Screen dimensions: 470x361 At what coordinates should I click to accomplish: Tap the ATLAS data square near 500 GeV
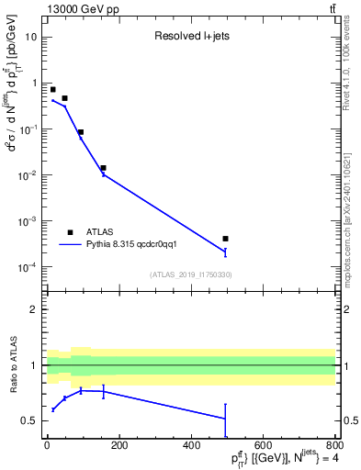click(225, 239)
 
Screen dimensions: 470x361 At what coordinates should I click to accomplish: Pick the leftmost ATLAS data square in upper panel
click(53, 90)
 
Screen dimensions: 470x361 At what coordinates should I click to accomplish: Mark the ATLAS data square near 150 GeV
click(103, 168)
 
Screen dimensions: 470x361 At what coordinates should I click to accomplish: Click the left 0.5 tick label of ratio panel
click(31, 420)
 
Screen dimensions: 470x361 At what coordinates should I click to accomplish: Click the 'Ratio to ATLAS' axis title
click(14, 365)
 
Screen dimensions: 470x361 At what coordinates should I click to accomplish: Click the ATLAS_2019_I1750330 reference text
click(190, 274)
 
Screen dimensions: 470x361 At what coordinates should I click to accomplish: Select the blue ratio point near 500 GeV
click(225, 419)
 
